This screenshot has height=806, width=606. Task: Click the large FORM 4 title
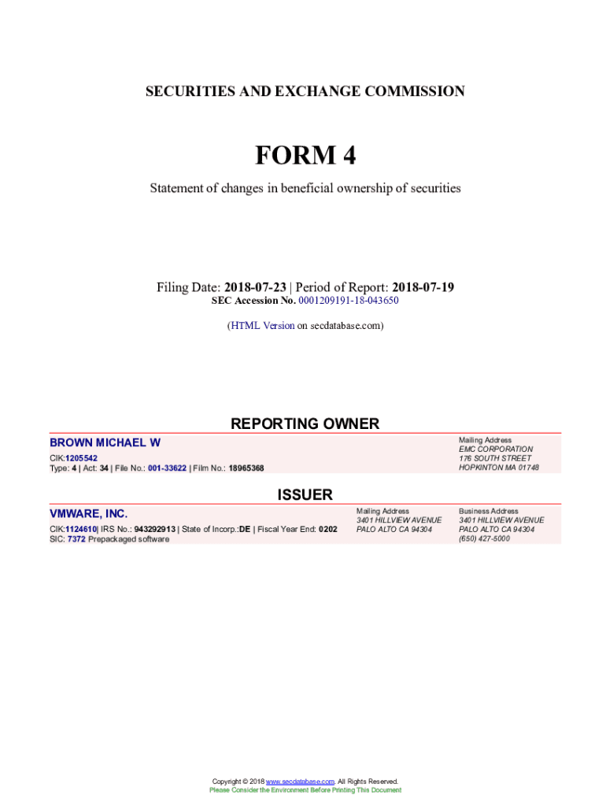(305, 156)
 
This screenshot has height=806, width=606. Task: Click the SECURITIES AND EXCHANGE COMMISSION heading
(305, 91)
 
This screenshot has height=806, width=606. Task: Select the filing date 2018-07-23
(255, 287)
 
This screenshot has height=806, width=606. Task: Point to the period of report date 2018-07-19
(423, 287)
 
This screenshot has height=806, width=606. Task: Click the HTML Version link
(262, 325)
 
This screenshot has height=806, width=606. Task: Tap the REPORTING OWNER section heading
(305, 423)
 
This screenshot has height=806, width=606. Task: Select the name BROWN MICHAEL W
(105, 443)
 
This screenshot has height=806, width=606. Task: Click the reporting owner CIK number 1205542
(82, 457)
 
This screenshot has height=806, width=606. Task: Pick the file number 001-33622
(161, 468)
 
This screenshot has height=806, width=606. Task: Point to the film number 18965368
(246, 468)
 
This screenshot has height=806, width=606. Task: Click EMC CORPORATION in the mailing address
(495, 449)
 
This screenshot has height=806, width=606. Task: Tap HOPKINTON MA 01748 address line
(499, 468)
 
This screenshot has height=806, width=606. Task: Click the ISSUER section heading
(305, 494)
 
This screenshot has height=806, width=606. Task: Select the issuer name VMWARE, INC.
(88, 514)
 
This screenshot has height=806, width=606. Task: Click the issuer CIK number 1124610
(81, 529)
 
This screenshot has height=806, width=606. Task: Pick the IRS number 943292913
(155, 529)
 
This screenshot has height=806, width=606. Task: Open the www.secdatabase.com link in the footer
(301, 781)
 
